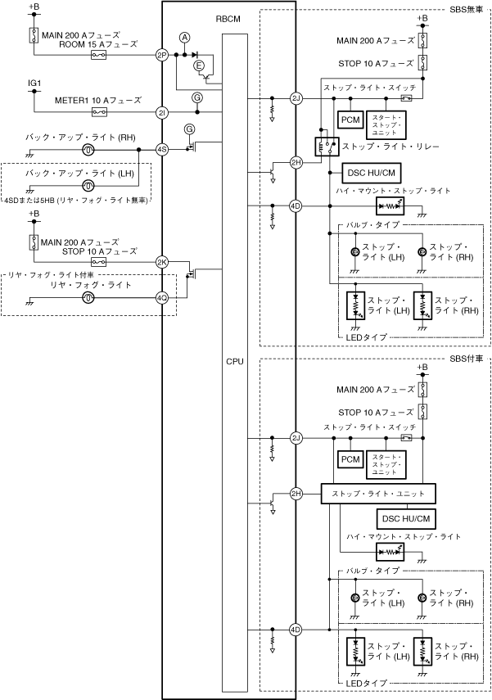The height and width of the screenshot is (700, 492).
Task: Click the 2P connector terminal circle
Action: pyautogui.click(x=161, y=55)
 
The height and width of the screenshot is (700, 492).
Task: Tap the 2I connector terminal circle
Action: pyautogui.click(x=161, y=112)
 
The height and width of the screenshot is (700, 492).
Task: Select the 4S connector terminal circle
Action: pyautogui.click(x=161, y=150)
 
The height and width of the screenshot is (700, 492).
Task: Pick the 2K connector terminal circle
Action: pyautogui.click(x=161, y=262)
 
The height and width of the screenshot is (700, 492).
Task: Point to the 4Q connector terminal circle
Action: pyautogui.click(x=161, y=299)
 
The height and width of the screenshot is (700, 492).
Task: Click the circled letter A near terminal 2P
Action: pyautogui.click(x=185, y=38)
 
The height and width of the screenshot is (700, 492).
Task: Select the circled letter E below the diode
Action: pyautogui.click(x=197, y=65)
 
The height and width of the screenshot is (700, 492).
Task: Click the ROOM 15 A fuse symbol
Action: pyautogui.click(x=97, y=55)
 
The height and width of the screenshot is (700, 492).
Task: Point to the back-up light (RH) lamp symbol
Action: pyautogui.click(x=88, y=150)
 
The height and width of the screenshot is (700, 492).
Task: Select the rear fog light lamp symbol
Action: pyautogui.click(x=88, y=299)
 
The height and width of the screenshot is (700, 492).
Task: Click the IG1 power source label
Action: pyautogui.click(x=34, y=84)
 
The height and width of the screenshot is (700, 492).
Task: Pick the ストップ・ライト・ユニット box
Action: pyautogui.click(x=377, y=494)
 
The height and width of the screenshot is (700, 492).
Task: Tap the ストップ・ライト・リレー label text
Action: pyautogui.click(x=392, y=147)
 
